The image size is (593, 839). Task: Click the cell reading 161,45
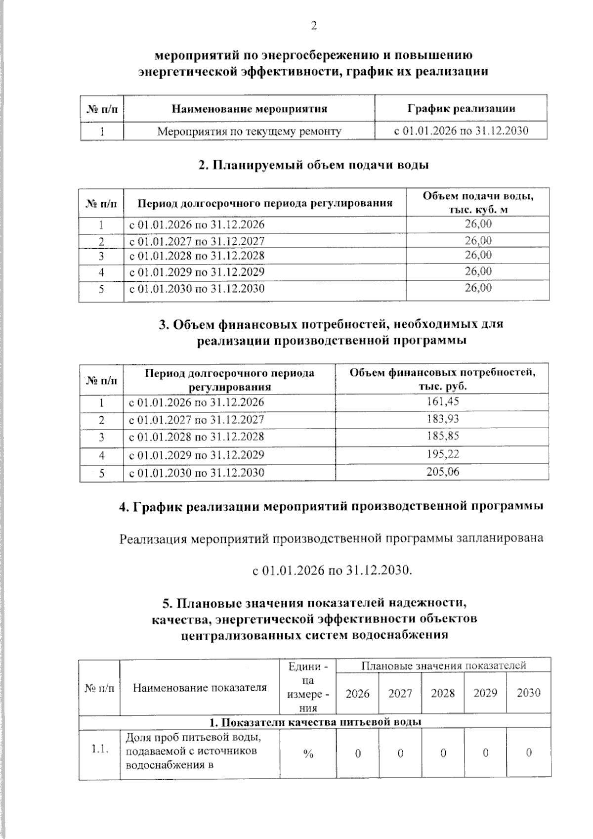click(x=442, y=402)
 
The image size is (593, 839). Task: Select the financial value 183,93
click(x=442, y=419)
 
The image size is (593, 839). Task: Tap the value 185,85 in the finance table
click(x=442, y=436)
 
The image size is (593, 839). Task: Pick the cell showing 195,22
click(x=442, y=454)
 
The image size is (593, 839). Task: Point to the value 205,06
click(x=442, y=472)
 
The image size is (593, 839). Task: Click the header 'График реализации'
click(x=461, y=108)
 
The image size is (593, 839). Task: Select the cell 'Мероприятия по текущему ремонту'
click(x=249, y=132)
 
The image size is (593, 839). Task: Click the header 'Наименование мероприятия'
click(x=249, y=108)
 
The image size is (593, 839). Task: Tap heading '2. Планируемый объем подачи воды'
click(x=313, y=165)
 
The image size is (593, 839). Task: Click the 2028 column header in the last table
click(x=443, y=693)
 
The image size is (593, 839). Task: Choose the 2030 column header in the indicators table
click(x=528, y=693)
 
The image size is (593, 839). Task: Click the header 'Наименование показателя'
click(x=200, y=687)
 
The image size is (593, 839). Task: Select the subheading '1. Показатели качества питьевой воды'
click(x=314, y=722)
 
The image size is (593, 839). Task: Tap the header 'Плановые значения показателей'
click(x=443, y=665)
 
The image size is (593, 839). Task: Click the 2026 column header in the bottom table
click(x=357, y=693)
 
